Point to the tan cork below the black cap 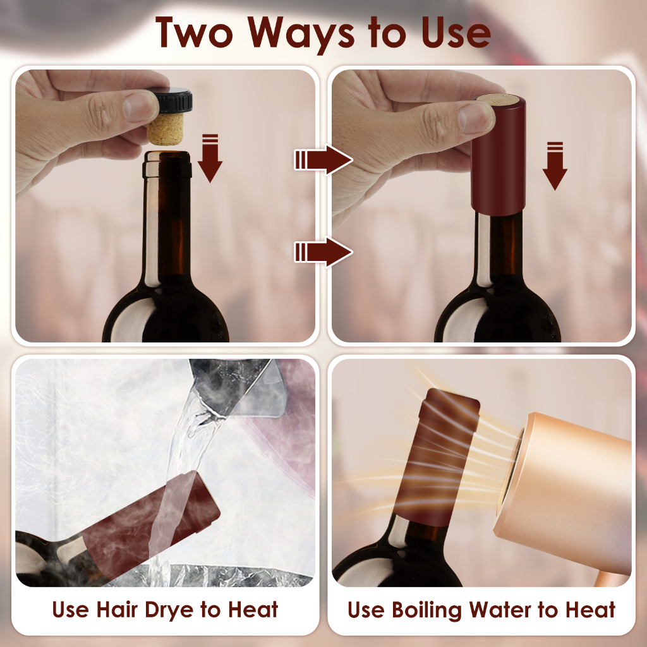pos(166,129)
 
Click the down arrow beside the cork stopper pos(210,158)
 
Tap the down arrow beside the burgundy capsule pos(555,166)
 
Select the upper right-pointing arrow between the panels pos(323,160)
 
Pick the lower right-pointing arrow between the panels pos(323,252)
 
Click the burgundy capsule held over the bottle pos(499,155)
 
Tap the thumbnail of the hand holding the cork pos(141,107)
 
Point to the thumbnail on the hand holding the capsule pos(477,118)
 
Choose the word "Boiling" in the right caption pos(426,610)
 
